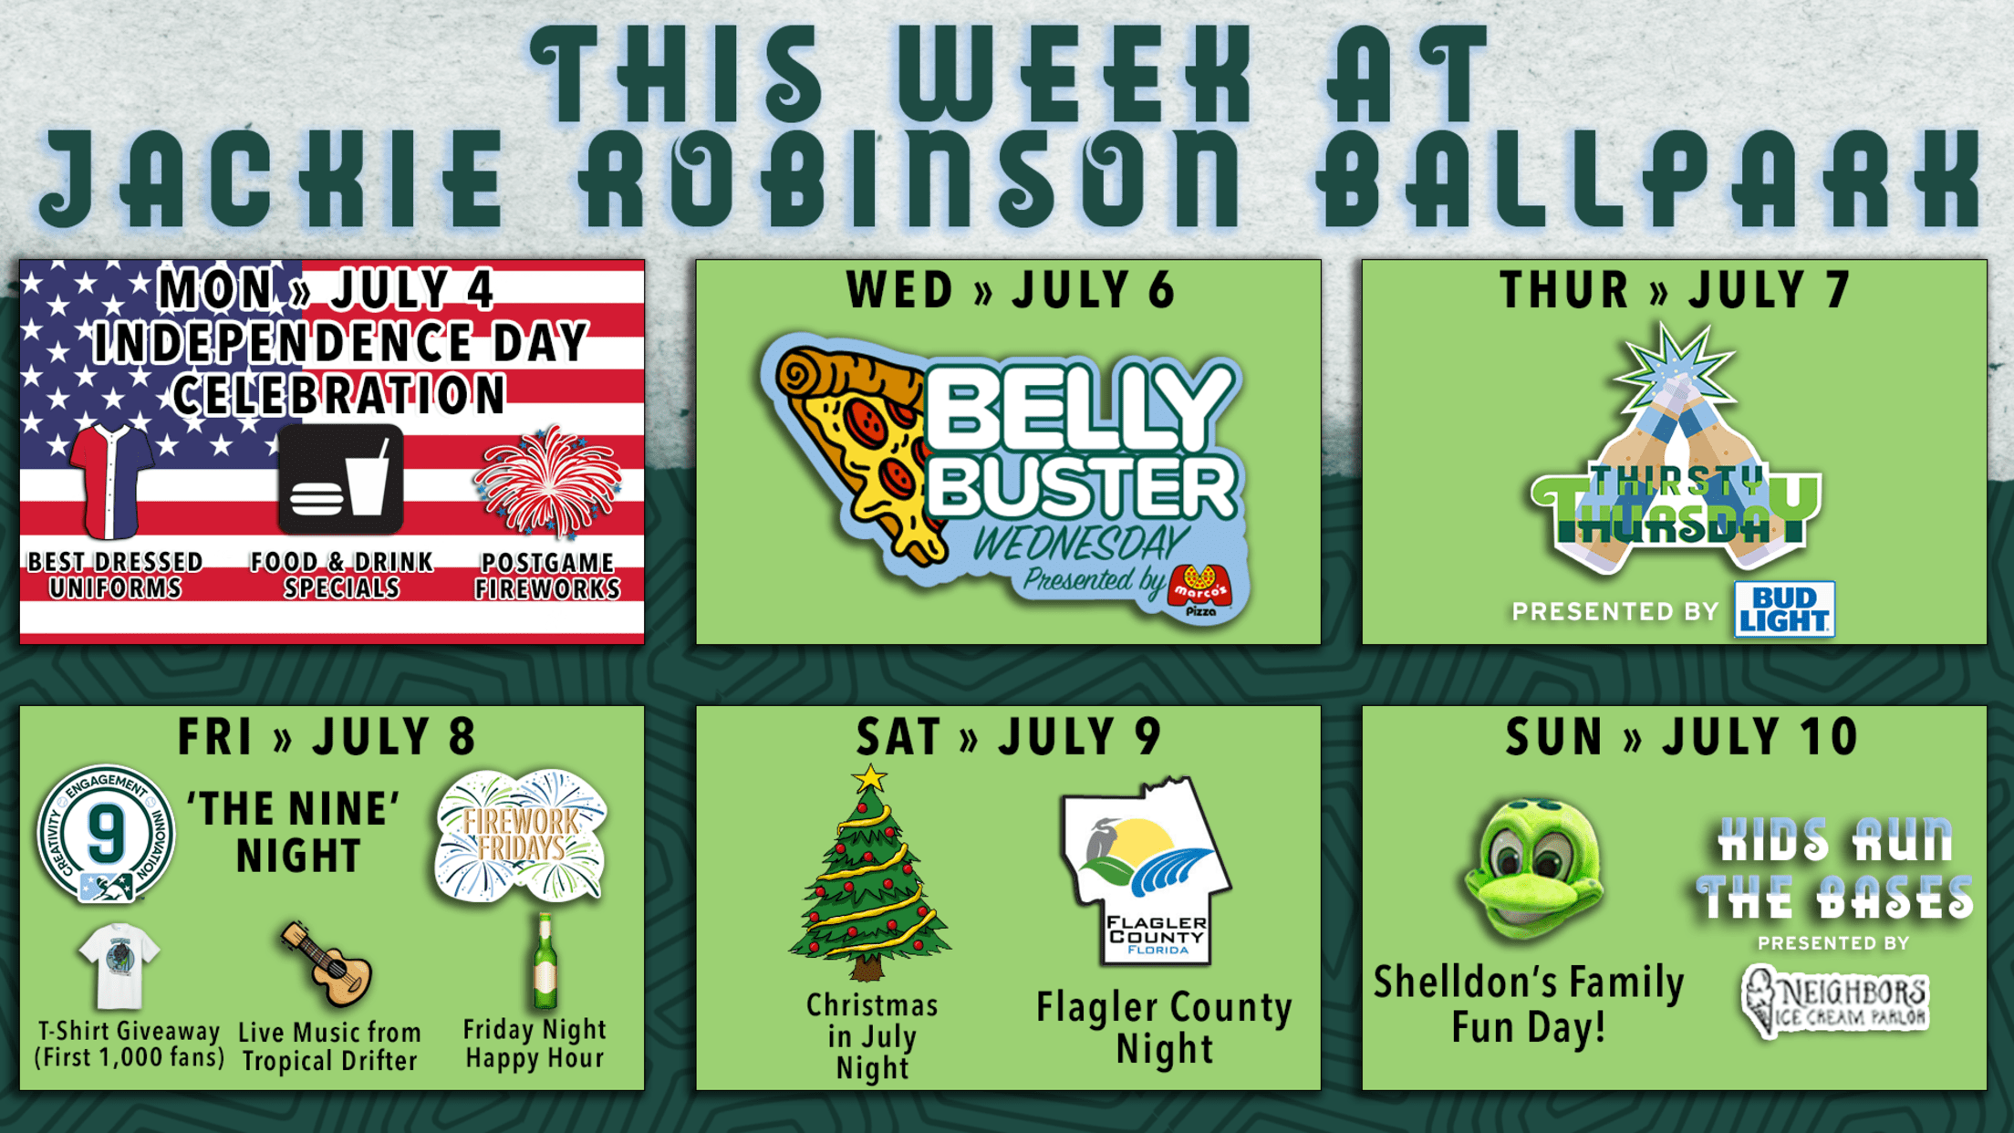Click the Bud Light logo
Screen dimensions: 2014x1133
pos(1784,608)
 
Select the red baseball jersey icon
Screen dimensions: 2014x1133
pos(111,481)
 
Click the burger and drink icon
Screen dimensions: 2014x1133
pos(340,479)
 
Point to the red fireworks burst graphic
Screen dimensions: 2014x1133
pos(548,481)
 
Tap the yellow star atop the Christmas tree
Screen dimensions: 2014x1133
pos(869,778)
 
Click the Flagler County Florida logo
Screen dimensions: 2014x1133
pos(1146,871)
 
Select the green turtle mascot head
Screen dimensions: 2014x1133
pos(1532,868)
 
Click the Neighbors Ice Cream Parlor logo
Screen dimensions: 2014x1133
pos(1834,1001)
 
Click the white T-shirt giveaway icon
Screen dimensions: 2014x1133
pos(119,966)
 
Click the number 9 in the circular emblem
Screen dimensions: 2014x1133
pos(106,833)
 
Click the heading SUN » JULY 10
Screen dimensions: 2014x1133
pos(1681,737)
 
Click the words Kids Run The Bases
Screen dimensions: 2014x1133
pos(1834,869)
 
